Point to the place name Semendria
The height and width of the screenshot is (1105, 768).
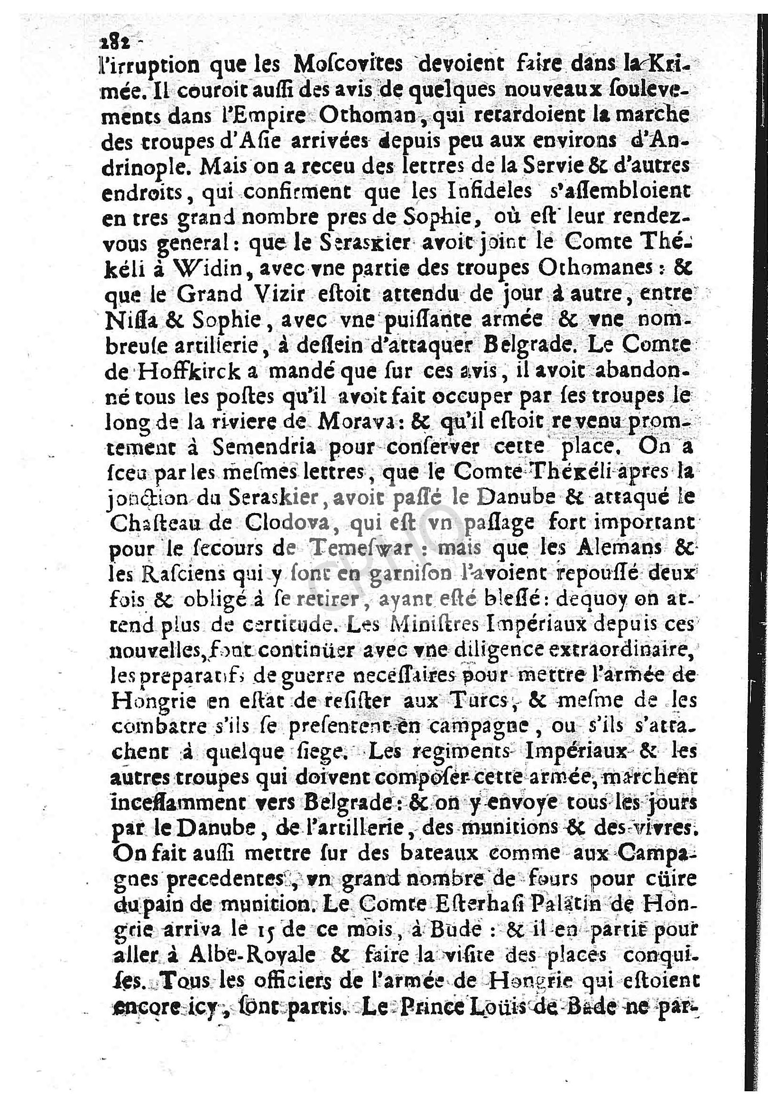tap(264, 449)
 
